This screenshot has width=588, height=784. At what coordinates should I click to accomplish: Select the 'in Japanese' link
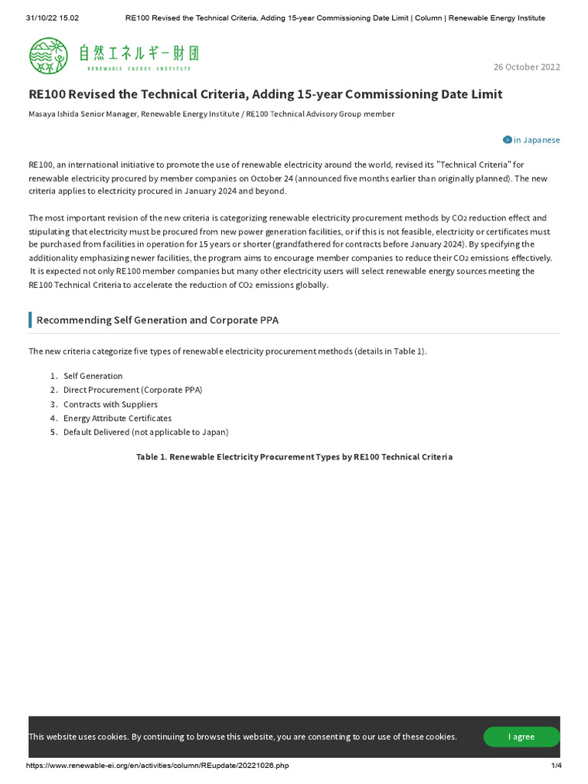click(536, 140)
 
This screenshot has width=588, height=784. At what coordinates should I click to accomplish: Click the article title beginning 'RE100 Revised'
click(265, 94)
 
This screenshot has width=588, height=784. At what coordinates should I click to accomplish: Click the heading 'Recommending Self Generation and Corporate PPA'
click(157, 320)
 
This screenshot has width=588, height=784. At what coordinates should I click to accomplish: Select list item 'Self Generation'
click(93, 376)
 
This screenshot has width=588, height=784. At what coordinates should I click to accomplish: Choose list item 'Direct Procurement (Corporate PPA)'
click(132, 390)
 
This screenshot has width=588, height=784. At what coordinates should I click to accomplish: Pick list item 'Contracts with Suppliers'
click(110, 404)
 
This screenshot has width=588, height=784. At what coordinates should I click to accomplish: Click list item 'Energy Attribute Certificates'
click(117, 418)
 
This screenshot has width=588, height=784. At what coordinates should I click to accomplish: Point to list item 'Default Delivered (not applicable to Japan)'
click(145, 432)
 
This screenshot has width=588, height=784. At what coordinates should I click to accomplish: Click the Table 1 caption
click(294, 457)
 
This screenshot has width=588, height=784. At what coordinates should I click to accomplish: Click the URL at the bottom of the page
click(157, 766)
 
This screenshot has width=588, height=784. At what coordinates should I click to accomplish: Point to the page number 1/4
click(556, 766)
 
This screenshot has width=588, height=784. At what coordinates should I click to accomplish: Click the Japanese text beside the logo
click(142, 54)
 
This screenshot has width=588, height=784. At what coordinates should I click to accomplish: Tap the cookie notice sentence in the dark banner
click(243, 737)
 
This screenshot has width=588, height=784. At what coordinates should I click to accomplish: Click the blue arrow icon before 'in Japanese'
click(507, 140)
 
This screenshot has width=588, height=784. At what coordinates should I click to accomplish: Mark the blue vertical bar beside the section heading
click(30, 320)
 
